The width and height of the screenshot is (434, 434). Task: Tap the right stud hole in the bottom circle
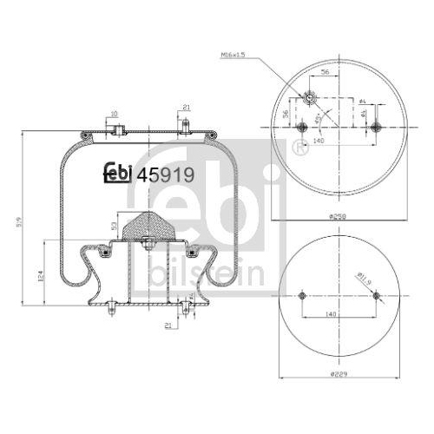376,295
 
